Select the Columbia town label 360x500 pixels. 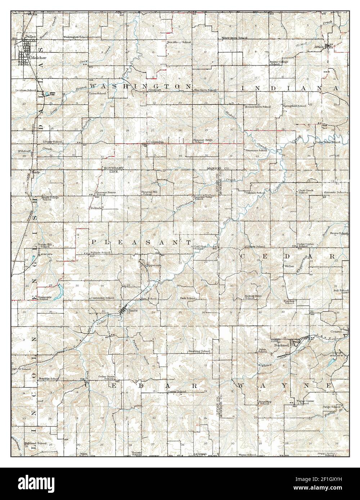[156, 142]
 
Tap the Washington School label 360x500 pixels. [76, 37]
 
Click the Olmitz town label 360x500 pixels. [132, 310]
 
